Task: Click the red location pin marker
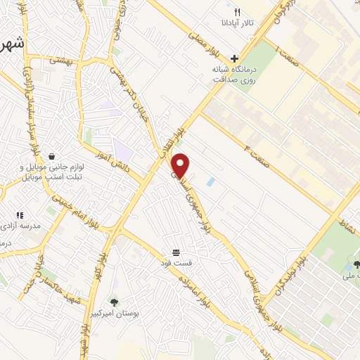tap(181, 165)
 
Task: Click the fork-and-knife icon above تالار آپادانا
tap(237, 12)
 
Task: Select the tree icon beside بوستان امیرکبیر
tap(115, 302)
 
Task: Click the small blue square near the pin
tap(210, 182)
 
